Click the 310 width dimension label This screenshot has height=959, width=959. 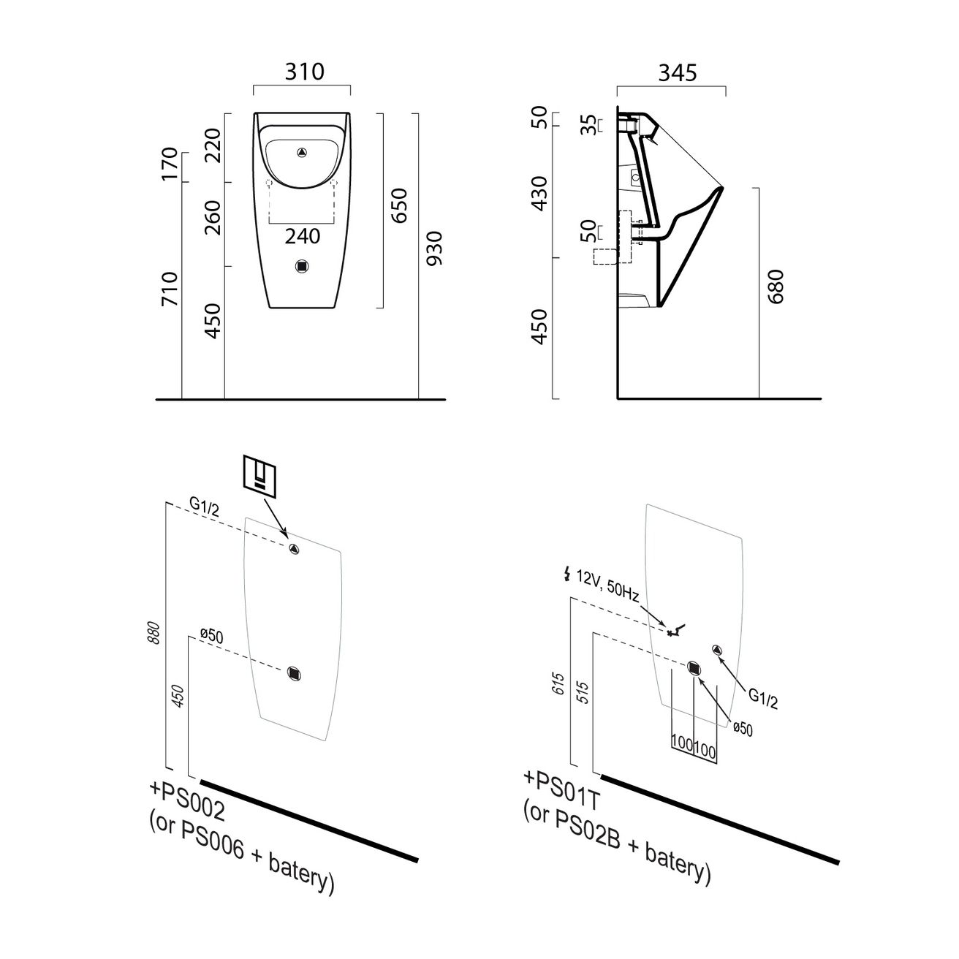(x=304, y=72)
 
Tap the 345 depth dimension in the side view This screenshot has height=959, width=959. (x=678, y=72)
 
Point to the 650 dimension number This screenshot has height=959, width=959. (x=400, y=205)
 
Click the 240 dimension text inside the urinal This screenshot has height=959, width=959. (x=303, y=236)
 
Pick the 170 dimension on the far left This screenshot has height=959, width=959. (x=169, y=164)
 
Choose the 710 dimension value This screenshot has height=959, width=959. (x=169, y=289)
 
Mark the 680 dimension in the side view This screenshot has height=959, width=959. (x=776, y=287)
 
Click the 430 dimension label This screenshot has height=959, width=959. (x=539, y=193)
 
